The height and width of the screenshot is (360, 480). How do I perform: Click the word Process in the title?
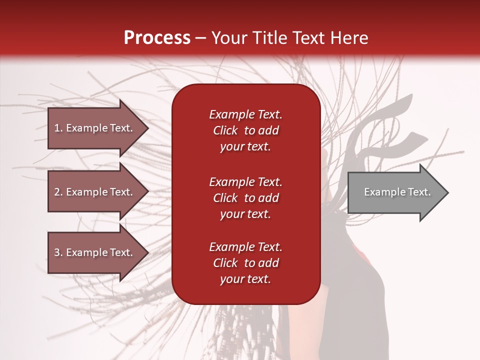tap(157, 38)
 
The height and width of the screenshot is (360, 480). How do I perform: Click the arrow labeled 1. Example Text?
tap(95, 128)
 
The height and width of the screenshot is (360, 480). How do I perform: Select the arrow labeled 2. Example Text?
tap(95, 192)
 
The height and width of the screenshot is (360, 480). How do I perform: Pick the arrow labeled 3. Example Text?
tap(95, 252)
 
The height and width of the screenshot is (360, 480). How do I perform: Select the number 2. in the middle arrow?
tap(58, 192)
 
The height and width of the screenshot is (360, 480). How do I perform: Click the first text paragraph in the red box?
tap(245, 130)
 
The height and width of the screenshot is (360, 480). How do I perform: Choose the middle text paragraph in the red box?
tap(245, 198)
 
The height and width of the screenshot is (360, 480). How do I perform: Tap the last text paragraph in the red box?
tap(245, 263)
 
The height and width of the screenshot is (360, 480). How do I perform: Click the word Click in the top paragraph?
tap(225, 130)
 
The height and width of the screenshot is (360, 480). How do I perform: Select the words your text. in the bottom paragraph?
tap(245, 279)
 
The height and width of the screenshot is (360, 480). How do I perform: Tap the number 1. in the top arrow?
tap(58, 128)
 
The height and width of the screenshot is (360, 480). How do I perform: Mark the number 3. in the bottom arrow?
tap(58, 252)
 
